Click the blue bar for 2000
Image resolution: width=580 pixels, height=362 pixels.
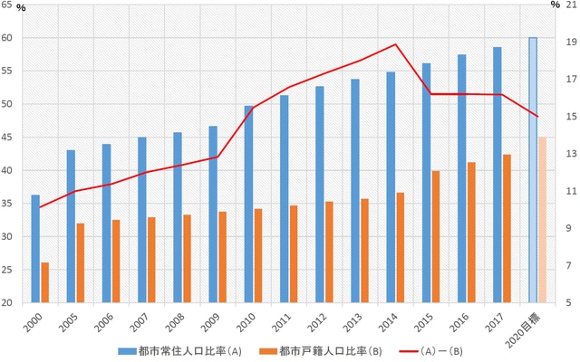(x=35, y=249)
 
